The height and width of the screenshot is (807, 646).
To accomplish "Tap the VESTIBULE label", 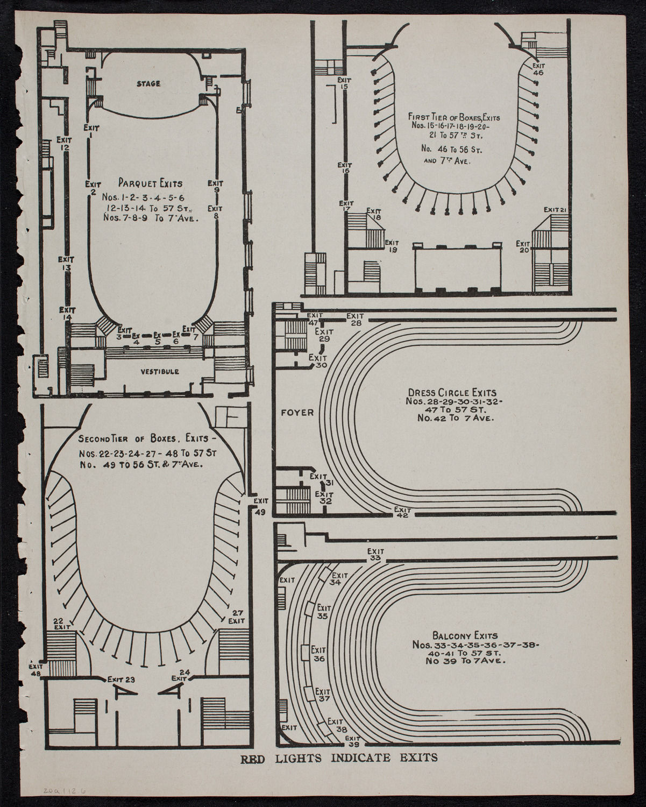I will [x=160, y=372].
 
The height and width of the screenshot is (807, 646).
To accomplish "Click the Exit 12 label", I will [x=65, y=143].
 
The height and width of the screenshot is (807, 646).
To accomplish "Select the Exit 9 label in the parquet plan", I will [x=215, y=186].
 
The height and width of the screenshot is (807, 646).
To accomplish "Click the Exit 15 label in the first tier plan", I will [x=344, y=83].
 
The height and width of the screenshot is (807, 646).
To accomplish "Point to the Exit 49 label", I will [x=260, y=506].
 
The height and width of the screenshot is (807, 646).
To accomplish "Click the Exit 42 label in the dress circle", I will [x=402, y=512].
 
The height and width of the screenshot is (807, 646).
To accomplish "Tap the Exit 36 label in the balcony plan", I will [x=318, y=654].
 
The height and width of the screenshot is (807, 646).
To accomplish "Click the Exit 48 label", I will [x=36, y=669].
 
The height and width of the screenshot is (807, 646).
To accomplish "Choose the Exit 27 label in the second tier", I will [x=237, y=617].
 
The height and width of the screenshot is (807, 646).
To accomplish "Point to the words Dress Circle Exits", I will [x=451, y=392].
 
